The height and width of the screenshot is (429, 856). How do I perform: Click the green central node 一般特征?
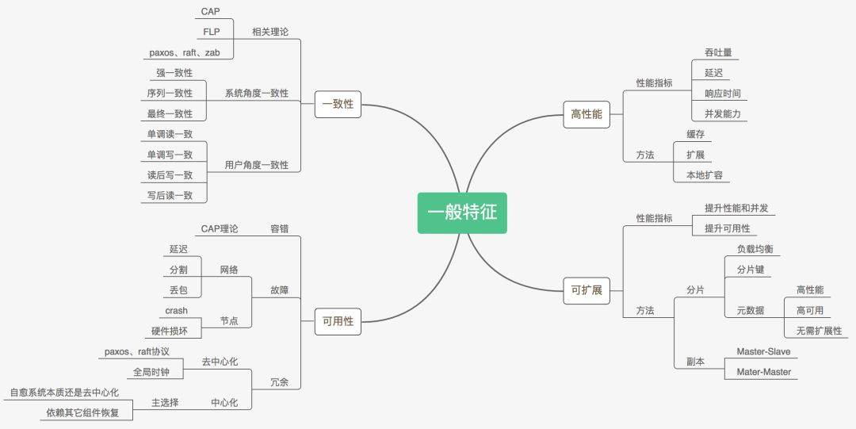[462, 213]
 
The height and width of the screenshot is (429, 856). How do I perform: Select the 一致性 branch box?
[338, 104]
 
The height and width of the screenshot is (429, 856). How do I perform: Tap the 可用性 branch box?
[338, 321]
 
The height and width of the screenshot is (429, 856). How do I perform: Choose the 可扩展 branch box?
[587, 290]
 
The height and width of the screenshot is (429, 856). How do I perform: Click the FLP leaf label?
[211, 33]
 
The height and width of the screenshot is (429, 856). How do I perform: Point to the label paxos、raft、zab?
[185, 53]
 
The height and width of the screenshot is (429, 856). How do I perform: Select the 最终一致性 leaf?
[170, 114]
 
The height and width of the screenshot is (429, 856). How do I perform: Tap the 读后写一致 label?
[170, 175]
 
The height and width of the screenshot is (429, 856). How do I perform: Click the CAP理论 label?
[220, 229]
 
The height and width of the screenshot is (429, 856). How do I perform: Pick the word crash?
[176, 311]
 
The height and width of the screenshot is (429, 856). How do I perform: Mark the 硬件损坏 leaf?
[170, 331]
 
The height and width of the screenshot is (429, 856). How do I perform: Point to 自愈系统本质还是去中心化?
[64, 393]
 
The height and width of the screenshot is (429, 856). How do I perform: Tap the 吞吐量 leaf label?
[718, 53]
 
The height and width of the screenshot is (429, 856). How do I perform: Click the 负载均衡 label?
[755, 249]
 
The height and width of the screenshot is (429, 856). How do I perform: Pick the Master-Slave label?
[763, 351]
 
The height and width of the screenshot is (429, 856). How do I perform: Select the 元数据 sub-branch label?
[750, 311]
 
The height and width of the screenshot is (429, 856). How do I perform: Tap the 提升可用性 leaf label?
[727, 229]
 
